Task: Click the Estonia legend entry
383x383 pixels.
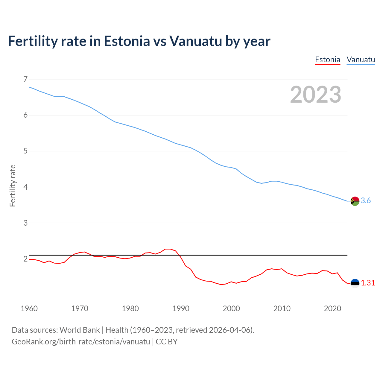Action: [328, 60]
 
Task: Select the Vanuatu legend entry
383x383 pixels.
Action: [361, 60]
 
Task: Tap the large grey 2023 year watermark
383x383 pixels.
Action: [316, 95]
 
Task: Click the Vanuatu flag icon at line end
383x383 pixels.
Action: [355, 201]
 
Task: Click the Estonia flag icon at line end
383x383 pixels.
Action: [355, 283]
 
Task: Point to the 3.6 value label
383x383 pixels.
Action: [366, 201]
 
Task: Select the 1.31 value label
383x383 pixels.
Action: [368, 283]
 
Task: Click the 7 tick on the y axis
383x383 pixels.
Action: [25, 79]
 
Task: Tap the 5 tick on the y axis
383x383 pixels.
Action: [25, 151]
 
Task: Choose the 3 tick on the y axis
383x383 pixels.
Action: [25, 223]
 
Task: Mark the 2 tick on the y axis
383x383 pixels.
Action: [25, 259]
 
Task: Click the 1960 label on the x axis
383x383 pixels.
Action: [29, 308]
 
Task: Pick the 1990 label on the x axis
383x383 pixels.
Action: [181, 308]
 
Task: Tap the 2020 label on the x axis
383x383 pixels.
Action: [332, 308]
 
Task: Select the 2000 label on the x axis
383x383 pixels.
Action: [231, 308]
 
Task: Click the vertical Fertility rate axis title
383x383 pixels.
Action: [13, 186]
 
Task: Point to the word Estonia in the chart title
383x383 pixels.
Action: [127, 41]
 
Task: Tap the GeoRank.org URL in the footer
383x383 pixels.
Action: [81, 342]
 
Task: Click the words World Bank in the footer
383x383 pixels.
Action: [80, 330]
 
